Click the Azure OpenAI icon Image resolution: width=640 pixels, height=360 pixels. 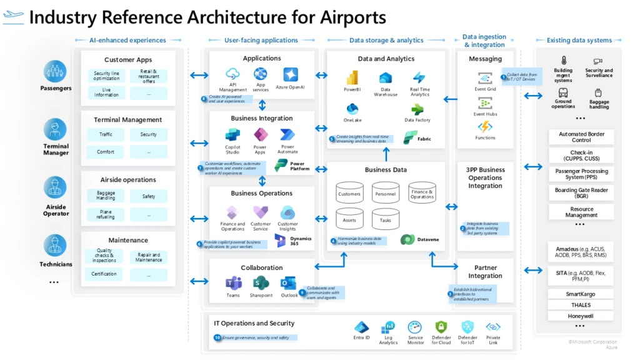(290, 74)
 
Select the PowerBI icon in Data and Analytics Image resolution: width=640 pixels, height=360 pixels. (352, 77)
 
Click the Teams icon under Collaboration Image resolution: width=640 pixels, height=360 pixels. (233, 282)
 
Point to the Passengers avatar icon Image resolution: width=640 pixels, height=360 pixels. (55, 71)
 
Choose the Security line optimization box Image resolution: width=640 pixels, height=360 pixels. (107, 76)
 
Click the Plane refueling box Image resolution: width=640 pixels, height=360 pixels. (106, 214)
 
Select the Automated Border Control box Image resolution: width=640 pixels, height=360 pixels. (581, 137)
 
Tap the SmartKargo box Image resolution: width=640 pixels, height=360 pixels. (581, 294)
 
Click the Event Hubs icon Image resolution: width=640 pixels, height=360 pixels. (485, 104)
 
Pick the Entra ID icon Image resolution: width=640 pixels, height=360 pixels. (361, 327)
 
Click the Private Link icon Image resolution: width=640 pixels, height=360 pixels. (493, 327)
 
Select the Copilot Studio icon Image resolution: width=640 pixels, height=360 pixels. (232, 135)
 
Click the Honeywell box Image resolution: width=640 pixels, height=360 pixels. (581, 316)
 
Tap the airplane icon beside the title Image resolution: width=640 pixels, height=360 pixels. (14, 16)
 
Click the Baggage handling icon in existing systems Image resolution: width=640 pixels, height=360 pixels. (599, 93)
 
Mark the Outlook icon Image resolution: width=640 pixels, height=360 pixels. (289, 282)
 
